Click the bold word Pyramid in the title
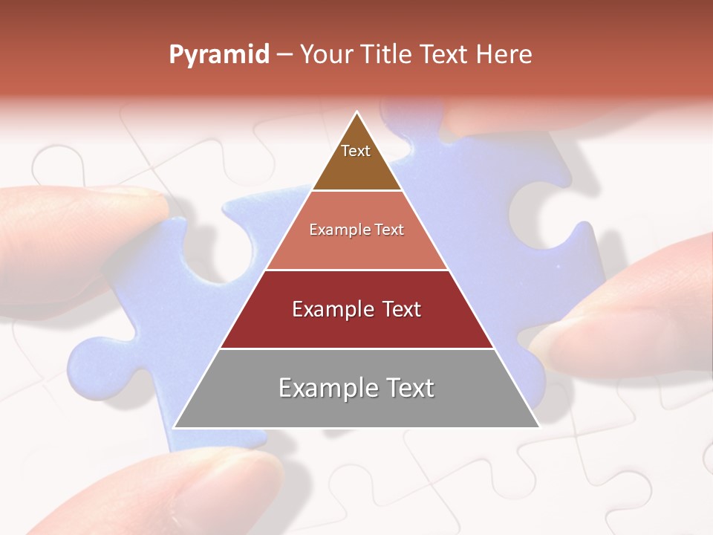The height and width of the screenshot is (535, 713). point(218,55)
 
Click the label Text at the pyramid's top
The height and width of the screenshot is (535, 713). point(356,151)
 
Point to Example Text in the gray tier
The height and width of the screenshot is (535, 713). point(356,388)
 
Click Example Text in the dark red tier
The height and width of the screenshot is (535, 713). point(356,309)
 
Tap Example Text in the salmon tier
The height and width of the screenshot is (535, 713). point(356,230)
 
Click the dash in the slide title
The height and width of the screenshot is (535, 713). point(284,55)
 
